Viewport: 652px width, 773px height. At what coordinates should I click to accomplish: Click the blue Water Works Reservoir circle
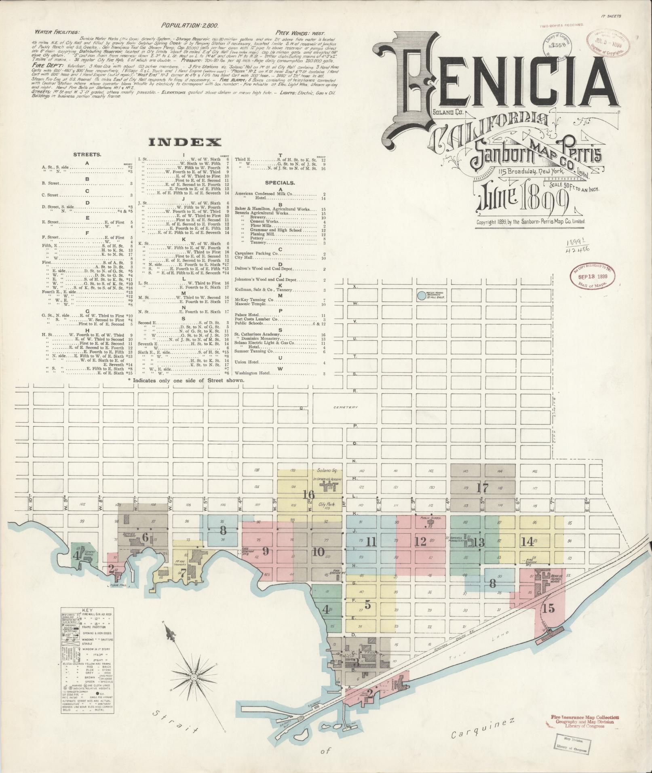tap(422, 296)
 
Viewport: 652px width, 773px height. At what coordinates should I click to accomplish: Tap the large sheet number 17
tap(482, 488)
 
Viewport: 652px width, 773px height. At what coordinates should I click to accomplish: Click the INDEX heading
tap(186, 142)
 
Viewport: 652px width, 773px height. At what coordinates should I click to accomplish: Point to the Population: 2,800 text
tap(190, 25)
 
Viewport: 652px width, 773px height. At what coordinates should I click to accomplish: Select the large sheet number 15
tap(549, 608)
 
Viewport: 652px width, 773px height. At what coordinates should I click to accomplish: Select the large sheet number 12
tap(420, 541)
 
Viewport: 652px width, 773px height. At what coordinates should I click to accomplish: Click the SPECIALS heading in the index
tap(280, 183)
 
